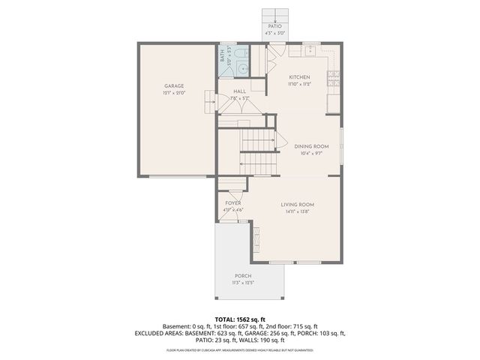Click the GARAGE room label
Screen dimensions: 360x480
(x=174, y=86)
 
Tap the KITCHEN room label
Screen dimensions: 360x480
(x=299, y=77)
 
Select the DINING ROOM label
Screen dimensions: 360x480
(x=311, y=146)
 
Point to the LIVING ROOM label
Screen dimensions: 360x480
(x=297, y=205)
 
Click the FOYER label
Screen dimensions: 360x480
(x=233, y=203)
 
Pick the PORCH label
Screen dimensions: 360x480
(x=242, y=276)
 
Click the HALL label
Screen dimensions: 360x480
(x=239, y=91)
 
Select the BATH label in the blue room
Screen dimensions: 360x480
(x=222, y=55)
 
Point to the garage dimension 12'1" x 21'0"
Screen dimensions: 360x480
(x=174, y=93)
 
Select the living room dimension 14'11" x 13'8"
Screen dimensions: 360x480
(x=297, y=211)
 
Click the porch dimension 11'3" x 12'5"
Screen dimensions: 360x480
(x=242, y=283)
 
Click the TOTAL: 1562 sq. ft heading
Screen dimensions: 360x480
(x=239, y=319)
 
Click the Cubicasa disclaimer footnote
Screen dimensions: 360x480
(x=239, y=350)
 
